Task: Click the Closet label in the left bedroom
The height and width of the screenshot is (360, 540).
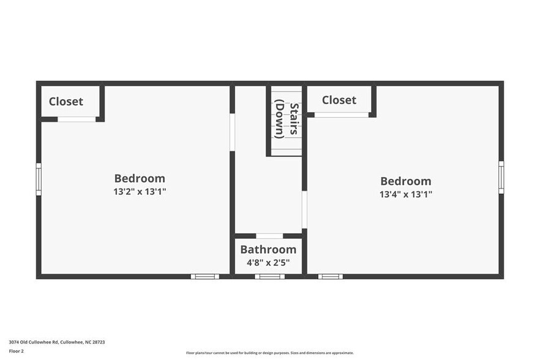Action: [66, 102]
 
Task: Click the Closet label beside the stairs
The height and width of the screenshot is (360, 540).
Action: [339, 100]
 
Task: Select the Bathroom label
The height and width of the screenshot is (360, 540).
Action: [268, 249]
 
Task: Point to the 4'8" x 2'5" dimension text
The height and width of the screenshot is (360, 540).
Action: [268, 263]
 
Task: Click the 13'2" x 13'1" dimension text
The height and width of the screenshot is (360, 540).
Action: [140, 192]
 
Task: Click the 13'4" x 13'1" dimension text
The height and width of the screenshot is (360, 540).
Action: [405, 195]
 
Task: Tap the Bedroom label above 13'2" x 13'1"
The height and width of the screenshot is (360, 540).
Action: [140, 179]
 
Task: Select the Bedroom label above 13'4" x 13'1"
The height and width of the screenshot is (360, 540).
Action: [405, 181]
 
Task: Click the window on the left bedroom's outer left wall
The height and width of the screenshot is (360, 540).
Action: [38, 179]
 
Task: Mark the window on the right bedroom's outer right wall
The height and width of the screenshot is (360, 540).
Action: [501, 177]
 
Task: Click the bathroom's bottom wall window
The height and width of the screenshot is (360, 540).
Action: [269, 277]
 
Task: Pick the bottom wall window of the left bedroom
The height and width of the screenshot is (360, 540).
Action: [204, 277]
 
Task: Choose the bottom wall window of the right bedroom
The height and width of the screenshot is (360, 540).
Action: [330, 277]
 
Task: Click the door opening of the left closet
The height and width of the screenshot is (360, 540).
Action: [77, 119]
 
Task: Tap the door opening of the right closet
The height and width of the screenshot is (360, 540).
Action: [342, 114]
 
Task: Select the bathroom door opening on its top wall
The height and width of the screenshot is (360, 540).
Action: [269, 236]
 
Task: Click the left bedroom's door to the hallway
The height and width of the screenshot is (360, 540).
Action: [232, 132]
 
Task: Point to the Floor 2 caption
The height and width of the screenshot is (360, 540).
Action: [17, 351]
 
